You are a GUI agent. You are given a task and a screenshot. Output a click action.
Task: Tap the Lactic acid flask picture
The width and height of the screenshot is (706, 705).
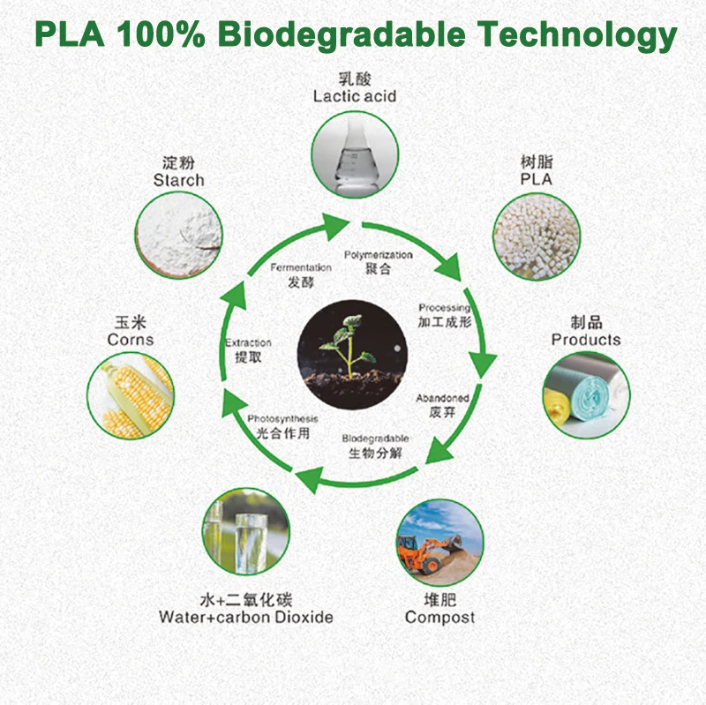[355, 155]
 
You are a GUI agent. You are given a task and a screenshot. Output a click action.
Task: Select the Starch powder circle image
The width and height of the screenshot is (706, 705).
[179, 235]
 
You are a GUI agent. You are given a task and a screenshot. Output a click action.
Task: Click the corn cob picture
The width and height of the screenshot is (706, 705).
[131, 395]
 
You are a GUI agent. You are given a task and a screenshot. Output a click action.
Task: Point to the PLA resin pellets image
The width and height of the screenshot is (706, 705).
[537, 236]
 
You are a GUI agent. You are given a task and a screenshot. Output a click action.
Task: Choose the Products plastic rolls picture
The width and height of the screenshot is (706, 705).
[586, 394]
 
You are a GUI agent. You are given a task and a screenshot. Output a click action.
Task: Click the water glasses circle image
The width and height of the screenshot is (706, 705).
[246, 531]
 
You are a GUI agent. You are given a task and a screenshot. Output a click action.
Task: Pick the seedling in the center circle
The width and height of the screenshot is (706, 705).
[348, 348]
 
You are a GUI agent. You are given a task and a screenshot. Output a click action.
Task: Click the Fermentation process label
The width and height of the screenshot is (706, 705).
[301, 267]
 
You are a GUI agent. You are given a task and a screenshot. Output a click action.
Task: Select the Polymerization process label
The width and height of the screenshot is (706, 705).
[379, 255]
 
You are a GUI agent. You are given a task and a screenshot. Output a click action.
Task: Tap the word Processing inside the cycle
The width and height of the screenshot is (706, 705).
[445, 308]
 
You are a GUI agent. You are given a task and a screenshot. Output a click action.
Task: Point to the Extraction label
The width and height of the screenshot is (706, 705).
[248, 342]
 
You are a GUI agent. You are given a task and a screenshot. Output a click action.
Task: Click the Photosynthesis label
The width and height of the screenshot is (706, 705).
[282, 419]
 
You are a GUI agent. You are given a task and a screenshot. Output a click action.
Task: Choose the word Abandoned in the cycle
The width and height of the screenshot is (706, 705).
[443, 398]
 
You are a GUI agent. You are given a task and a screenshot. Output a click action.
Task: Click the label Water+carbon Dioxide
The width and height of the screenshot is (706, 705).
[246, 617]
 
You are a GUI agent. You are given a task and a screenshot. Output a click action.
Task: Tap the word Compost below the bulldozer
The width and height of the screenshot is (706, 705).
[439, 618]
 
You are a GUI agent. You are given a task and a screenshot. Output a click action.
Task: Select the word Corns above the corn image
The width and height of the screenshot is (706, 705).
[131, 340]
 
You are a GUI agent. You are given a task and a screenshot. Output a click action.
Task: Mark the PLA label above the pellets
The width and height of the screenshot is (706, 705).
[537, 179]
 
